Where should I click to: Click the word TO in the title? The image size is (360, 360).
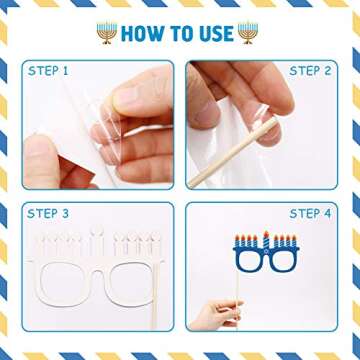pyautogui.click(x=182, y=34)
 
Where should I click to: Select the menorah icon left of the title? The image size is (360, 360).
pyautogui.click(x=107, y=33)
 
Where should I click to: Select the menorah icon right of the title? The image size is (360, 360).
pyautogui.click(x=248, y=33)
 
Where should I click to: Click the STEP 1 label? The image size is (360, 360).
pyautogui.click(x=48, y=71)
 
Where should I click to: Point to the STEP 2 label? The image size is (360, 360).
pyautogui.click(x=310, y=71)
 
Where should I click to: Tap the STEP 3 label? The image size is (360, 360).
pyautogui.click(x=48, y=214)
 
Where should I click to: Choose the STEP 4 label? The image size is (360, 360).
pyautogui.click(x=310, y=214)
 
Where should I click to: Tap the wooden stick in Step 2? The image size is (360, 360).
pyautogui.click(x=232, y=152)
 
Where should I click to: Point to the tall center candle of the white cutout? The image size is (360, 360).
pyautogui.click(x=97, y=240)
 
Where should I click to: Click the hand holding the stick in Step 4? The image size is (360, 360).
pyautogui.click(x=217, y=313)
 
